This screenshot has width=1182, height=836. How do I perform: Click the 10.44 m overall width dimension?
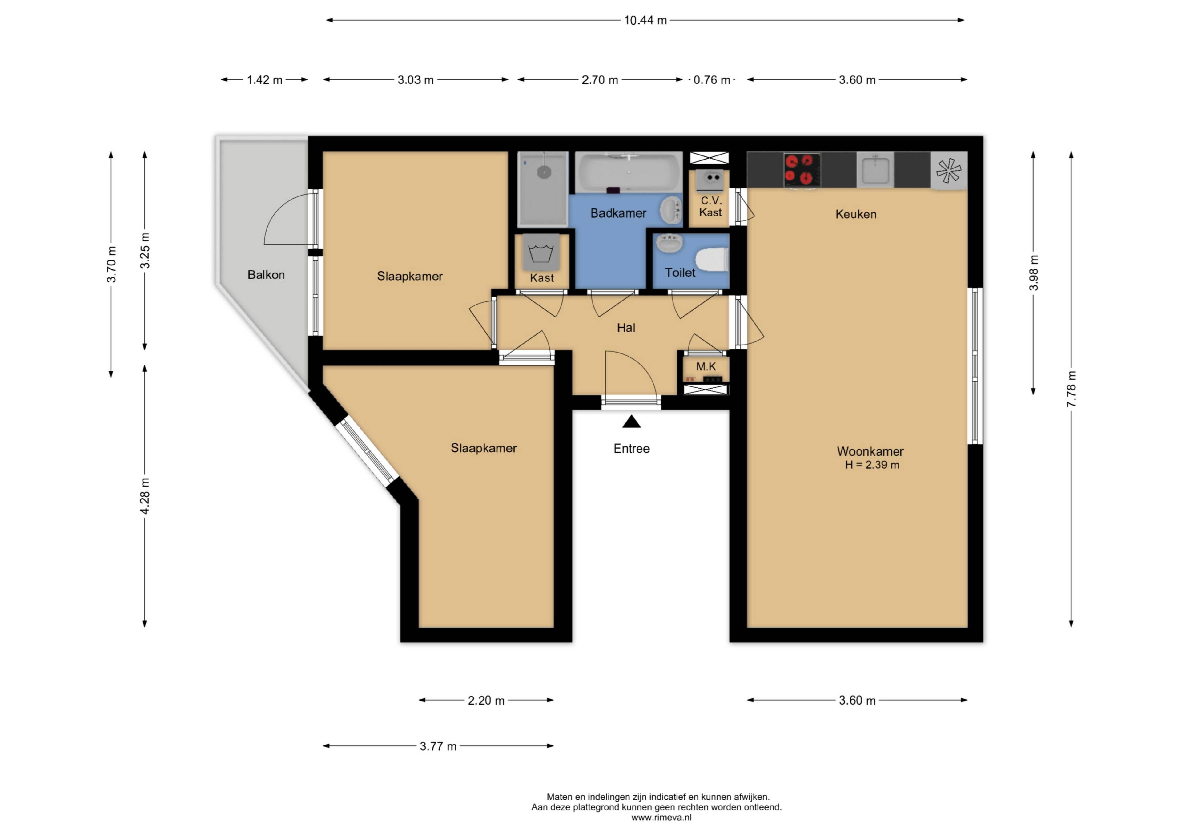pos(645,20)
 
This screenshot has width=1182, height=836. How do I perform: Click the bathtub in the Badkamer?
pos(629,172)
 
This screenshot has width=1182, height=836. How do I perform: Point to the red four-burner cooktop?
pos(802,169)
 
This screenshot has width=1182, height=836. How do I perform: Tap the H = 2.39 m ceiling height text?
pos(872,465)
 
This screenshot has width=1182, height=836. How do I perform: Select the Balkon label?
pos(266,275)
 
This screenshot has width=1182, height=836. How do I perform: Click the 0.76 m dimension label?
pos(712,80)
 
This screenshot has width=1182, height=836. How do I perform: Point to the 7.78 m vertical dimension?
pos(1071,389)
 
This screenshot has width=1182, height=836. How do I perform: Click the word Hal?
pos(626,328)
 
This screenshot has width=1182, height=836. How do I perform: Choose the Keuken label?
pos(856,214)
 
